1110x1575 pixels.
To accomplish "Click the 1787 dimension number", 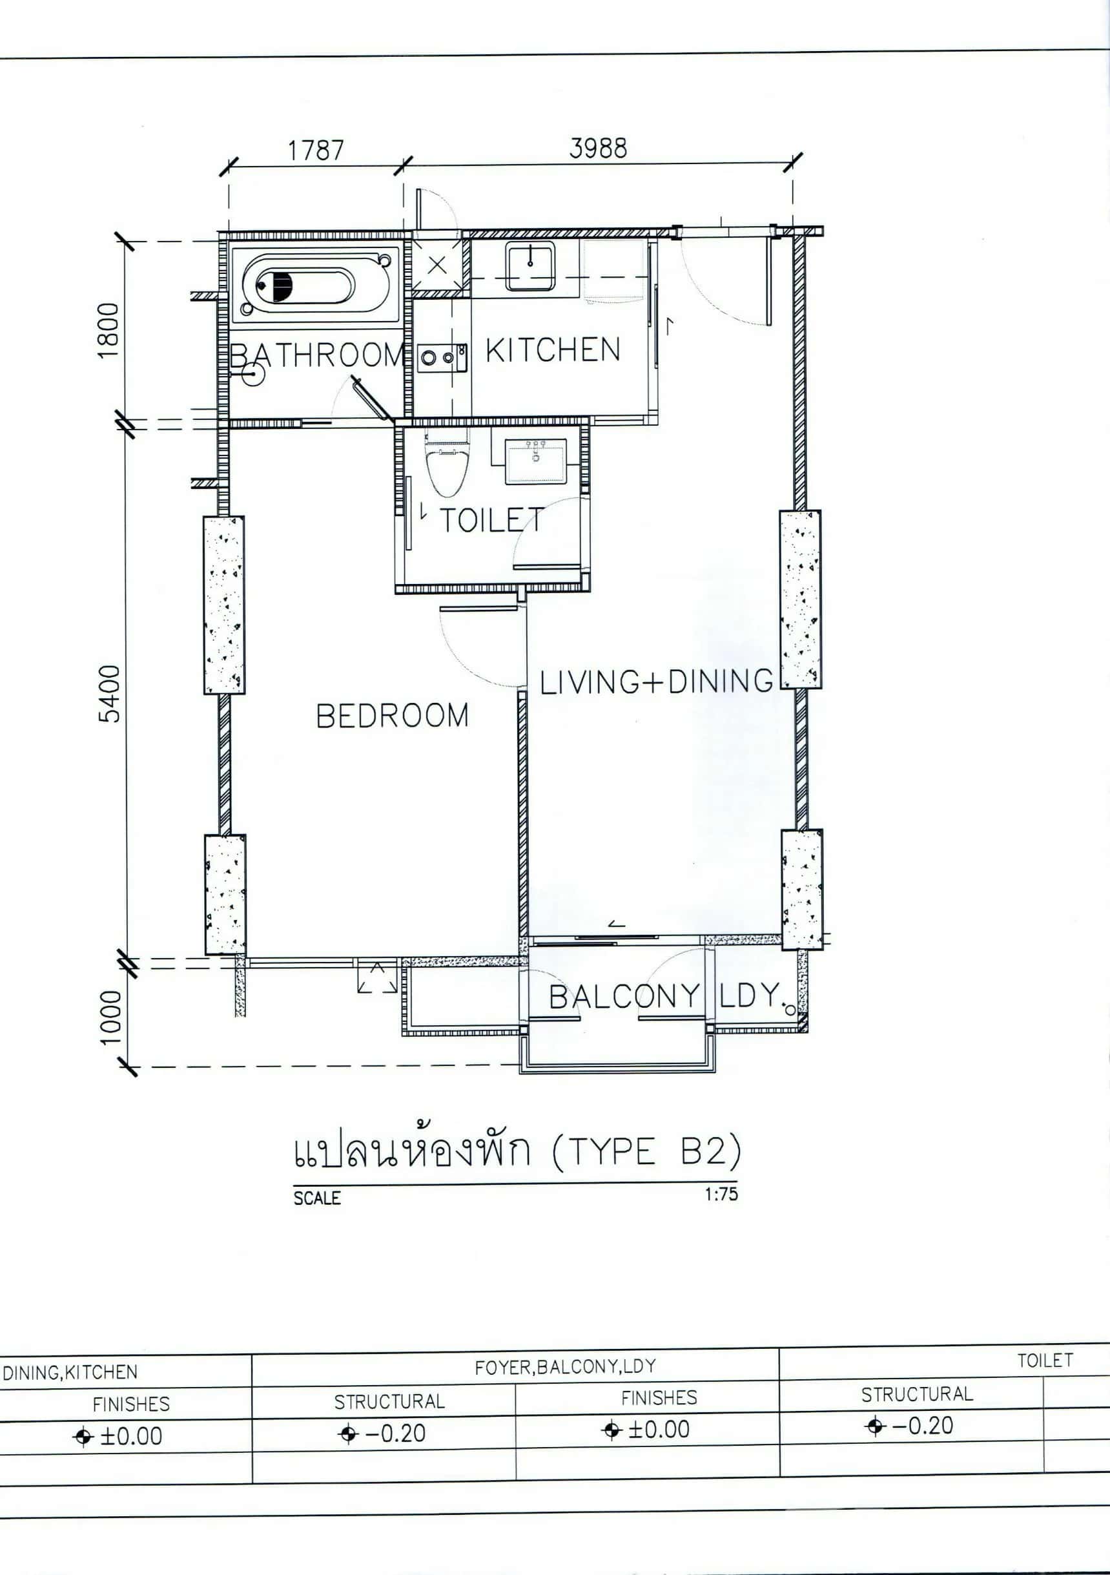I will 315,151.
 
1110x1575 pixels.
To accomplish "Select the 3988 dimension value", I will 598,148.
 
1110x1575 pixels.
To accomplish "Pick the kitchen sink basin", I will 530,266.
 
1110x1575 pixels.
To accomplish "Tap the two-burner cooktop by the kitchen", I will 443,357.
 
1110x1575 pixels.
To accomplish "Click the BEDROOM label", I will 392,716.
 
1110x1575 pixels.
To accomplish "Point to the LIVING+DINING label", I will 656,682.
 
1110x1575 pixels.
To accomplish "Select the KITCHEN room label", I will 553,350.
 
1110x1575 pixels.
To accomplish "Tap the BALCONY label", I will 624,997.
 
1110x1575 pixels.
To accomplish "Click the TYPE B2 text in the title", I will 646,1151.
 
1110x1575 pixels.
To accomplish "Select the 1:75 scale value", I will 721,1194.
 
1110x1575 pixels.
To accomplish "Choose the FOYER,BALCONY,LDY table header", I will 565,1367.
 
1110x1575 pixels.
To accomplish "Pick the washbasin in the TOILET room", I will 535,462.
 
